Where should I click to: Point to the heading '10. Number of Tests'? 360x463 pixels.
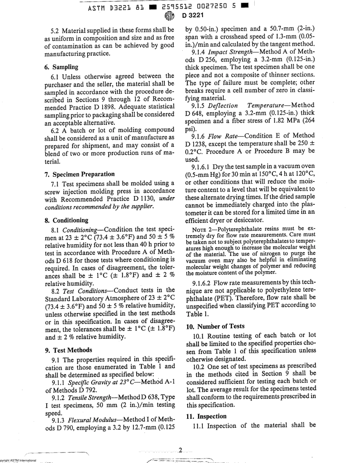coord(215,326)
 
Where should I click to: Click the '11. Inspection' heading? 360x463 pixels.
coord(206,416)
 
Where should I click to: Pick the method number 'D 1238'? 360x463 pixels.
coord(196,143)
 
